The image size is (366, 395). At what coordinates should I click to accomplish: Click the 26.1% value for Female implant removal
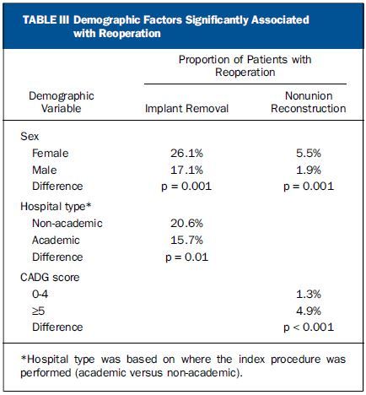tap(186, 154)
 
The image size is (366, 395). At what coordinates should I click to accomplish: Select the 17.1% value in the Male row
tap(186, 170)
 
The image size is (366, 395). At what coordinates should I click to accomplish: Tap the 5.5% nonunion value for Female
tap(309, 154)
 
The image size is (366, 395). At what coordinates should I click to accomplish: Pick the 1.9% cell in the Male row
tap(309, 170)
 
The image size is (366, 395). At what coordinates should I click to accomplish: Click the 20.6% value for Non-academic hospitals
tap(186, 224)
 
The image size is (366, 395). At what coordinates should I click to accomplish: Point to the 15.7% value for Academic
tap(186, 241)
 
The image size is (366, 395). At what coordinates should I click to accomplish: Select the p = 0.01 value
tap(187, 257)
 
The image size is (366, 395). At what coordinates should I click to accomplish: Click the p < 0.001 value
tap(309, 327)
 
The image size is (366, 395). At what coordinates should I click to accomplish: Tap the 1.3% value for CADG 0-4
tap(309, 295)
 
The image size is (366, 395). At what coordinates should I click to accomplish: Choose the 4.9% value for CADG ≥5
tap(309, 311)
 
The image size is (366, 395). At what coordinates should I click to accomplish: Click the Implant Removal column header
tap(186, 109)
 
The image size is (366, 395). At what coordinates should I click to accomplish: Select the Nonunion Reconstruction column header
tap(309, 102)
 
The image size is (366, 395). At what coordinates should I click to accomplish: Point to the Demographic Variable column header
tap(62, 102)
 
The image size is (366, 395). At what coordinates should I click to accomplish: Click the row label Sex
tap(30, 137)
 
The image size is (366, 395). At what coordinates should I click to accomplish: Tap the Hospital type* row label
tap(56, 207)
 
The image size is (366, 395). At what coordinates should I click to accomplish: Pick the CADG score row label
tap(50, 278)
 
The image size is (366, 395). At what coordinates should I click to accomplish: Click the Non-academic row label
tap(67, 224)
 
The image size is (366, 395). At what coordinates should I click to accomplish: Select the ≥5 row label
tap(39, 311)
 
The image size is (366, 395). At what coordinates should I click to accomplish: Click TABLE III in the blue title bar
tap(46, 20)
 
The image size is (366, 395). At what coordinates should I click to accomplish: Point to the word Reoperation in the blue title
tap(130, 34)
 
